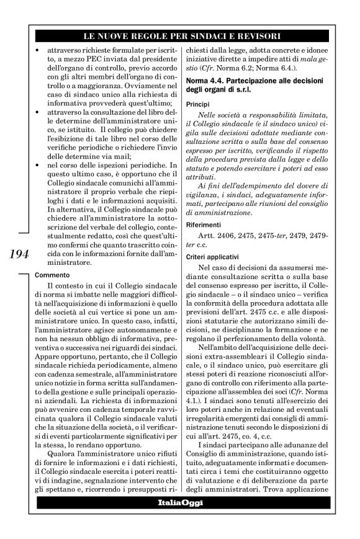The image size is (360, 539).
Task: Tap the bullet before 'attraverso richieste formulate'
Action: click(38, 47)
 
